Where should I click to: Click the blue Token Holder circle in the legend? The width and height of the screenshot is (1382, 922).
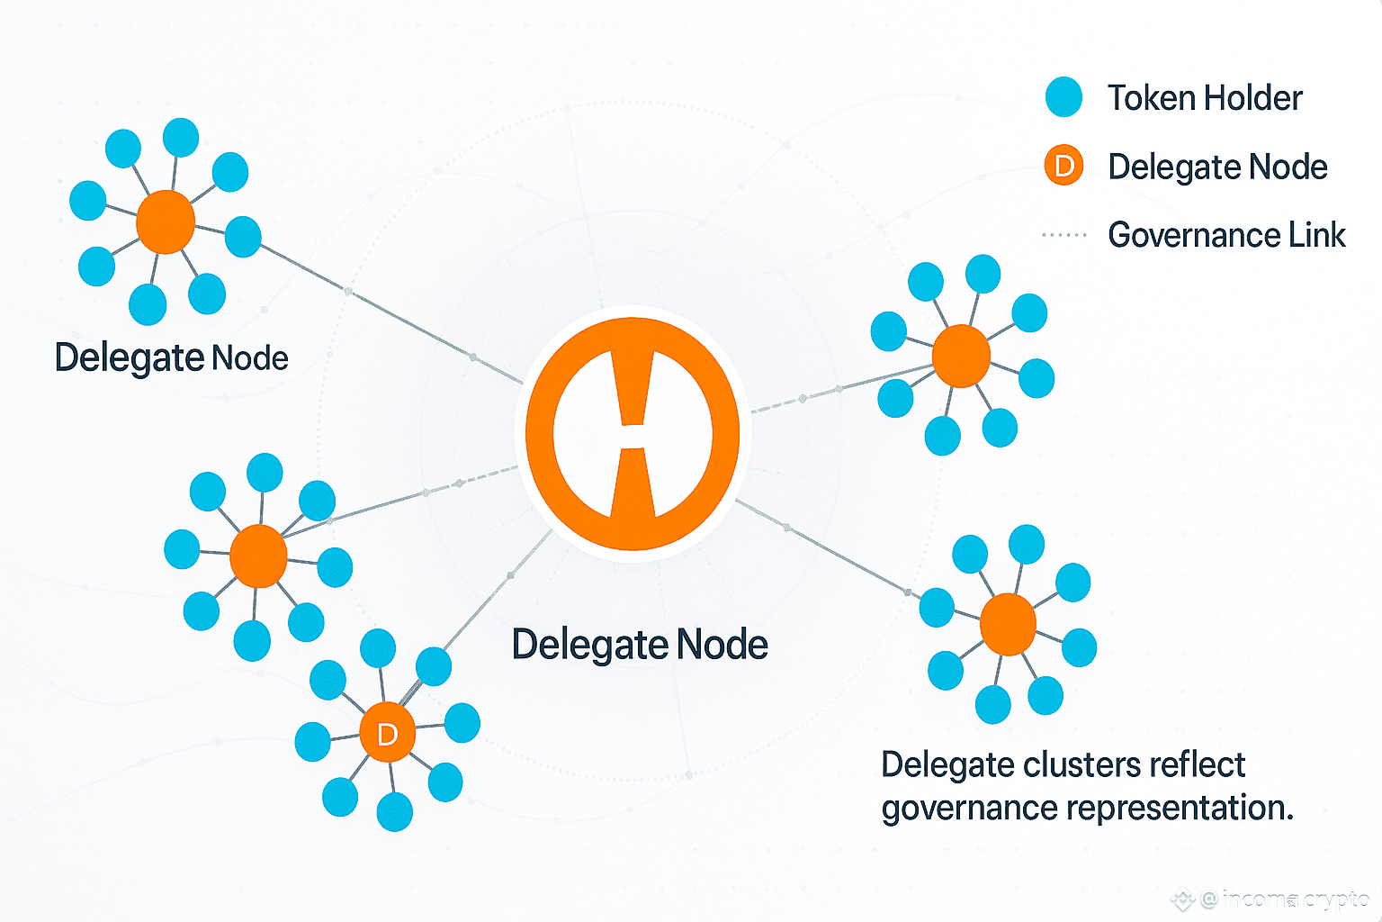[x=1063, y=97]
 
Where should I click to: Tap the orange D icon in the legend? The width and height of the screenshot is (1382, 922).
[x=1063, y=166]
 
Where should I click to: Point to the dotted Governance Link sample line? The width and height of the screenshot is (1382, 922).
[x=1063, y=235]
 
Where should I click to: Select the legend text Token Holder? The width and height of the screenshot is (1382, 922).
[x=1205, y=98]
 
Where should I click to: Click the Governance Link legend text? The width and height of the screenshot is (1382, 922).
[x=1226, y=235]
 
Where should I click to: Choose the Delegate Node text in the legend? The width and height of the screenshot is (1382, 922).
[x=1217, y=167]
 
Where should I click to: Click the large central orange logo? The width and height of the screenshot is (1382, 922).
[x=633, y=433]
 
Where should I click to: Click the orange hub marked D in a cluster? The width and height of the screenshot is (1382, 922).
[x=388, y=732]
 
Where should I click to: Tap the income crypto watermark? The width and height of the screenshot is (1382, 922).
[x=1271, y=899]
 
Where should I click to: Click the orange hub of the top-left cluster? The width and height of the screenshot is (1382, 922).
[x=166, y=221]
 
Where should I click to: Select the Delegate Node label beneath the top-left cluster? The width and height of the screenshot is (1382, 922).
[x=172, y=358]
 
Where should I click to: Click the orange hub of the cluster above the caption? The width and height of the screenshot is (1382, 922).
[x=1008, y=624]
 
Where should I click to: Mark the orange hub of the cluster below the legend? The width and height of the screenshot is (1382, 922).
[x=961, y=356]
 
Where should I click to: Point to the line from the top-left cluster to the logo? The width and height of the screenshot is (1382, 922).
[x=391, y=313]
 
